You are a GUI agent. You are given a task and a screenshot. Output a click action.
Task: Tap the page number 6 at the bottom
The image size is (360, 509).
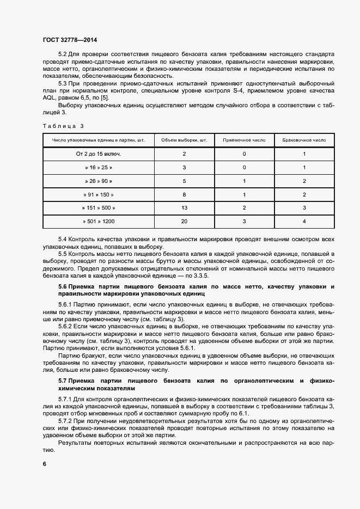click(x=44, y=464)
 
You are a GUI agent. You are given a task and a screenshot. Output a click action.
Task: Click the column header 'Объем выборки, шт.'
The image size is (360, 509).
click(x=184, y=140)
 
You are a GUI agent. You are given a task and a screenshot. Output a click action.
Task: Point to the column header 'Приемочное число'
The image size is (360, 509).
click(x=245, y=140)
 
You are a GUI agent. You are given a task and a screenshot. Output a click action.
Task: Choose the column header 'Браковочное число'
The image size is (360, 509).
click(x=304, y=140)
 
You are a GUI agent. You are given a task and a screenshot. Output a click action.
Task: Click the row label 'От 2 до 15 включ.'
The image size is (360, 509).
click(x=98, y=154)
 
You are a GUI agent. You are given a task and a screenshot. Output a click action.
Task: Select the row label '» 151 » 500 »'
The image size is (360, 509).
click(x=98, y=208)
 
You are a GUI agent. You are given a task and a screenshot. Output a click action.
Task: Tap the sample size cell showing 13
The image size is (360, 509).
click(x=184, y=208)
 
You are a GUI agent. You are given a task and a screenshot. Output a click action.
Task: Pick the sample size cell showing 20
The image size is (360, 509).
click(x=184, y=221)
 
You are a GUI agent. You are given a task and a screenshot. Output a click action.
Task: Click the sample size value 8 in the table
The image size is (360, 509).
click(x=184, y=194)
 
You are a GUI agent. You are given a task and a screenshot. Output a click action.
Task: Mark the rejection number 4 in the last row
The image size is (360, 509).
click(x=304, y=221)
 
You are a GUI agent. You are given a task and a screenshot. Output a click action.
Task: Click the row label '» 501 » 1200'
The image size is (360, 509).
click(x=98, y=221)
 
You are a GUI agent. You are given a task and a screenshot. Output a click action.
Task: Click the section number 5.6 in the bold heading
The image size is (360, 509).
click(x=62, y=287)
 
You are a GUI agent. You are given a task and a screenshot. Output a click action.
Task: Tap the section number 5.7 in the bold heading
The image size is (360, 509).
click(x=62, y=379)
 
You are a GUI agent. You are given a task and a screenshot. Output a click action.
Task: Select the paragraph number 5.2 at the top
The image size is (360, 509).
click(x=62, y=55)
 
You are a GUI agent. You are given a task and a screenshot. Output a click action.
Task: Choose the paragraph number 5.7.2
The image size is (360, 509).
click(x=65, y=421)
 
